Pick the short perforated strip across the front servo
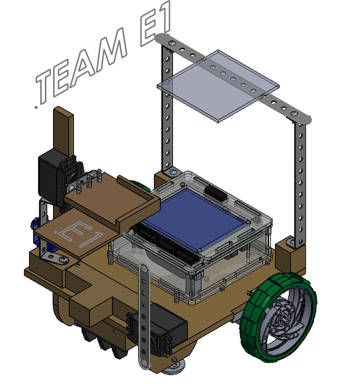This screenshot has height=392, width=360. click(x=143, y=315)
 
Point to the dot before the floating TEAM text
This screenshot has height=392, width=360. click(x=36, y=107)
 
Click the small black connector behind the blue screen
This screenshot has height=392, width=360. click(x=215, y=192)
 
